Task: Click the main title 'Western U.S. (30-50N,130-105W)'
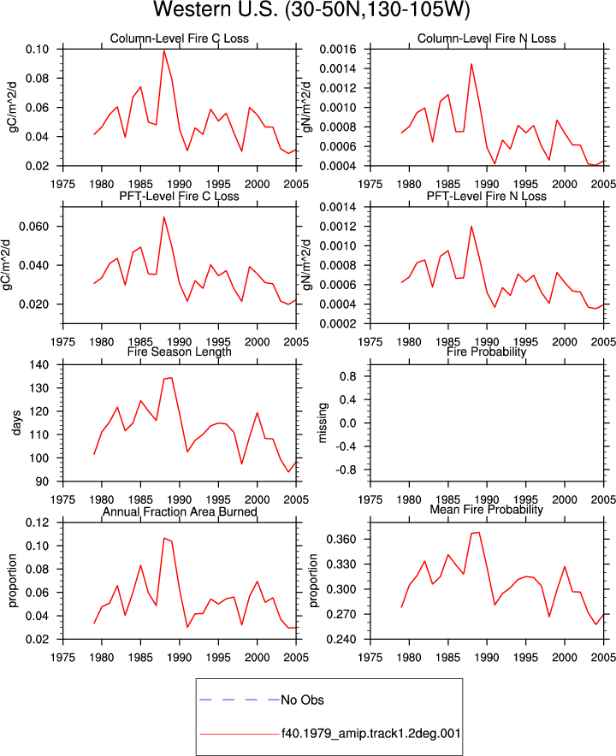coord(311,9)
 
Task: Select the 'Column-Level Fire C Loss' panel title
coord(180,38)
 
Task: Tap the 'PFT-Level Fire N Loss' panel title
coord(487,196)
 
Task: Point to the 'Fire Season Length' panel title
coord(180,352)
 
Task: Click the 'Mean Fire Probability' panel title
coord(486,510)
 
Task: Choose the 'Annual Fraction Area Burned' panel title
coord(180,511)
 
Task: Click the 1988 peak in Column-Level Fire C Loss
coord(164,50)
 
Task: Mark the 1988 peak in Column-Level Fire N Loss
coord(471,63)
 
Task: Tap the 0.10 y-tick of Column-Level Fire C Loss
coord(37,50)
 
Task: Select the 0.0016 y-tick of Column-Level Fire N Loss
coord(338,50)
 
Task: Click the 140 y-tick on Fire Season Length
coord(39,365)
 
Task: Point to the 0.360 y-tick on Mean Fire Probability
coord(341,539)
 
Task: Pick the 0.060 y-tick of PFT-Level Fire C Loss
coord(33,227)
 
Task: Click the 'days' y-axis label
coord(16,422)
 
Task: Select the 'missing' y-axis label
coord(323,422)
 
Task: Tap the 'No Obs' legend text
coord(303,700)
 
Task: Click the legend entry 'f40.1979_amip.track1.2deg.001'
coord(371,734)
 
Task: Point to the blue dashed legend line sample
coord(240,700)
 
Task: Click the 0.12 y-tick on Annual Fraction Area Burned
coord(37,523)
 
